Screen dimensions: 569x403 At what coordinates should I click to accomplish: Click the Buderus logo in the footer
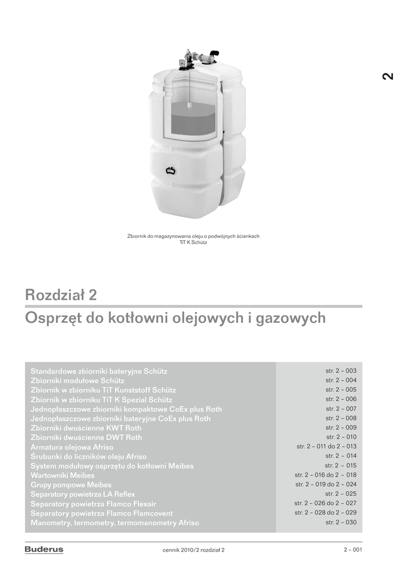[x=44, y=550]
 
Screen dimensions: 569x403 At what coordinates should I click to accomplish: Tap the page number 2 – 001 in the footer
[x=352, y=550]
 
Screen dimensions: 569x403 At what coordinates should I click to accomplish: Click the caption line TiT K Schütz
[x=193, y=242]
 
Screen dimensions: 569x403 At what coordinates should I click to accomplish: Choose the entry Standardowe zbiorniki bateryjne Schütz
[x=99, y=371]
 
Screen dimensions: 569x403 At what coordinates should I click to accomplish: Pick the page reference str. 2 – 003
[x=341, y=371]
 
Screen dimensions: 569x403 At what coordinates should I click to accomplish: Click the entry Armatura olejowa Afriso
[x=72, y=447]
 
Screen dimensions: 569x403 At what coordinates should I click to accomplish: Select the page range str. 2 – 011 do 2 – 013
[x=326, y=446]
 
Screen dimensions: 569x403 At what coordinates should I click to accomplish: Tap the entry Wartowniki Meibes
[x=62, y=476]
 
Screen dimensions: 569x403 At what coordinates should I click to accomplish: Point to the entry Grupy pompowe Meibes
[x=71, y=485]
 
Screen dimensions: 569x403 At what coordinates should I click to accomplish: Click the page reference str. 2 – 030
[x=341, y=522]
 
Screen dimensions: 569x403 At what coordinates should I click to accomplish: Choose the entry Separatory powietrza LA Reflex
[x=83, y=495]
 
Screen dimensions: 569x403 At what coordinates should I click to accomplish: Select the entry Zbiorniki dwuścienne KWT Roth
[x=86, y=428]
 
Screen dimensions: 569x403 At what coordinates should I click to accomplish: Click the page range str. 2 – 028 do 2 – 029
[x=325, y=513]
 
